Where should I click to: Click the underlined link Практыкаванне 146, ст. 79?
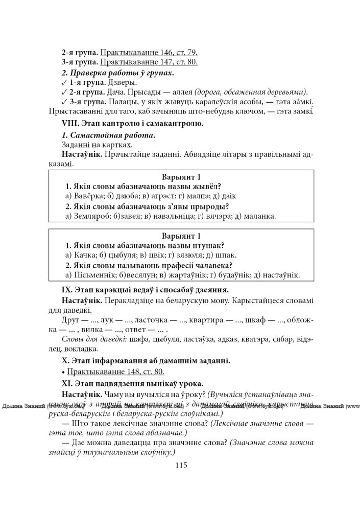point(149,52)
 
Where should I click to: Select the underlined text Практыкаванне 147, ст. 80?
point(149,62)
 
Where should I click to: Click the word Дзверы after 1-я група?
point(123,82)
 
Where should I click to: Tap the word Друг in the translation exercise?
point(71,320)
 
